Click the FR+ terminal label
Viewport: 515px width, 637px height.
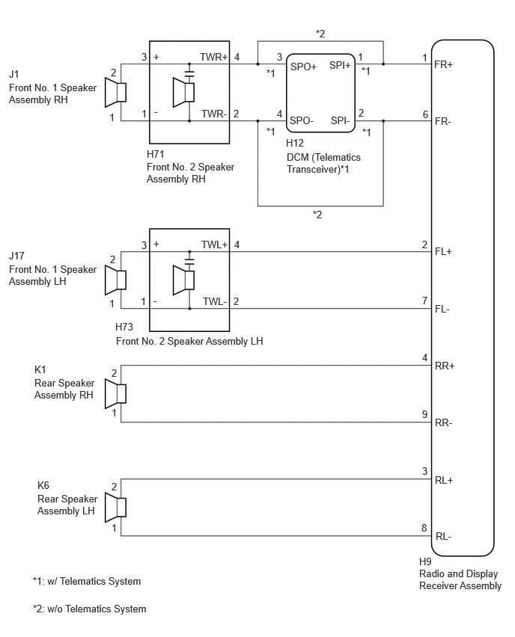443,64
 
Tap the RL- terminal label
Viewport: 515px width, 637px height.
443,537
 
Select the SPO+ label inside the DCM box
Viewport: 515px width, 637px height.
303,67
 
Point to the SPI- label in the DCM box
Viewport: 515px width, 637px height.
340,120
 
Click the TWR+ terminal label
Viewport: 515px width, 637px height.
213,58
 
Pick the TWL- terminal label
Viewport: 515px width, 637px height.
215,302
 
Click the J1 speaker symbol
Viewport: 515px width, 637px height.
115,92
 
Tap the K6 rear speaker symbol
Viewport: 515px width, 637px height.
115,508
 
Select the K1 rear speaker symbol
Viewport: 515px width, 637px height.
115,394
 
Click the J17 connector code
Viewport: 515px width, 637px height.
16,256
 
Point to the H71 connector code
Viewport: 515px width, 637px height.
156,154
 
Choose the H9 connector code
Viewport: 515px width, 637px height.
425,561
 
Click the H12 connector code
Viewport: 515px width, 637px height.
294,143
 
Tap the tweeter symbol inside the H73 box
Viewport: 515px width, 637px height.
183,280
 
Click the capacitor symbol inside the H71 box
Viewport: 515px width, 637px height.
189,73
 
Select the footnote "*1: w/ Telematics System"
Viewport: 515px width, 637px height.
87,582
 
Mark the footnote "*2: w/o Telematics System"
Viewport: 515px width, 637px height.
90,609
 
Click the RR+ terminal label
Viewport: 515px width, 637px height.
444,366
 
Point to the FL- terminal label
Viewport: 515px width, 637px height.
442,310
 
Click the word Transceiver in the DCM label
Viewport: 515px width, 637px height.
313,170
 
